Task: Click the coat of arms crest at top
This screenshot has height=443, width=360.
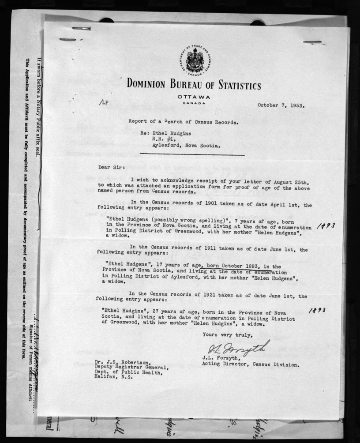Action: (194, 61)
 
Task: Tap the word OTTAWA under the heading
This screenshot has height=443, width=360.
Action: (194, 97)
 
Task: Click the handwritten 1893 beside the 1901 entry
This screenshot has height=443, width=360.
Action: (327, 225)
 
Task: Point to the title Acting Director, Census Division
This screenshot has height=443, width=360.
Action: (251, 365)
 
